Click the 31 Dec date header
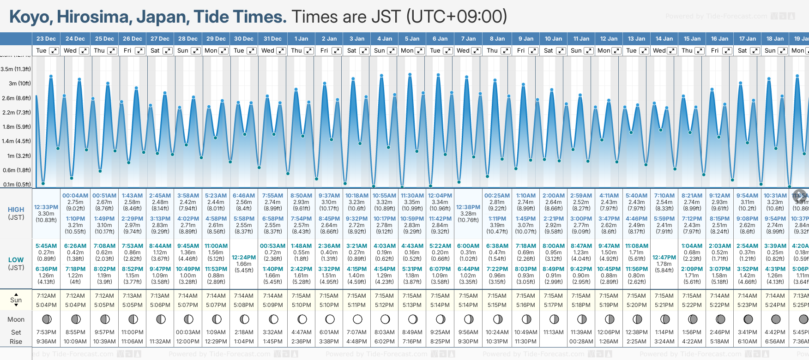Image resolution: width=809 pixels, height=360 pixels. click(272, 39)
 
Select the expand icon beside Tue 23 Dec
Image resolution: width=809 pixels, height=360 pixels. click(54, 51)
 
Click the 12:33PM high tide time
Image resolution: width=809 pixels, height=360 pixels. click(46, 207)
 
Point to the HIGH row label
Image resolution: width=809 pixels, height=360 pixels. click(16, 210)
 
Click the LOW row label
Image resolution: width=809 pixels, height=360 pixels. click(16, 260)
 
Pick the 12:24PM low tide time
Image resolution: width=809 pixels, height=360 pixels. click(244, 258)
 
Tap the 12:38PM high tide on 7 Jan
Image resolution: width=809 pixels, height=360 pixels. click(468, 207)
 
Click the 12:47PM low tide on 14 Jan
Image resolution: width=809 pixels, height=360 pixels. click(664, 258)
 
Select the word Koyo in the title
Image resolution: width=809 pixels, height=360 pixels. click(30, 17)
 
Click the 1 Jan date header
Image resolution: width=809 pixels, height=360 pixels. click(301, 39)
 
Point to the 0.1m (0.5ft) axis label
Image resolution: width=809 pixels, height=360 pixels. click(17, 185)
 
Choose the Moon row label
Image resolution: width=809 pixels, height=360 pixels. click(16, 319)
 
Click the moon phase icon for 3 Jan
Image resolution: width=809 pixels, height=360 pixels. click(357, 319)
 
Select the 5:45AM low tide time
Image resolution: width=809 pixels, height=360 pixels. click(46, 246)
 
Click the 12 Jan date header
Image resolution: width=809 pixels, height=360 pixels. click(609, 39)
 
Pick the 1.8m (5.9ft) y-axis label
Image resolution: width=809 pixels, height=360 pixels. click(17, 127)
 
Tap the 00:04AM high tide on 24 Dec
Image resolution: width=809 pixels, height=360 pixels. click(75, 196)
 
